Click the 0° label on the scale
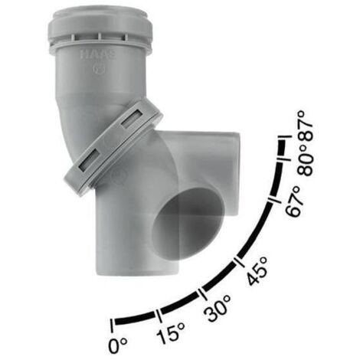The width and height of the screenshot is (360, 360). (x=118, y=345)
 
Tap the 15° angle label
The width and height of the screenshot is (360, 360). (x=171, y=332)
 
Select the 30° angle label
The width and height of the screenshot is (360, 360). (x=218, y=307)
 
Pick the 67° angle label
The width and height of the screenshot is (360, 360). (x=293, y=201)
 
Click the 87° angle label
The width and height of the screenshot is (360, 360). (x=306, y=126)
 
